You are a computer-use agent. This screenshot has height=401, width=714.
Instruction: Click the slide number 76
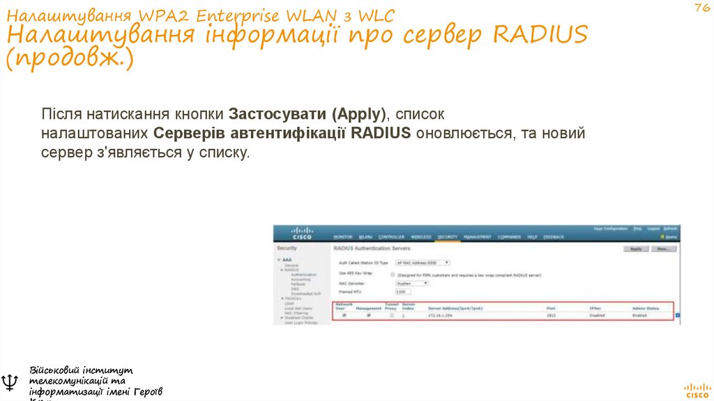[701, 8]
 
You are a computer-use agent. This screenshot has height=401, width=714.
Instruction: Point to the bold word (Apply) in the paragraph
[358, 113]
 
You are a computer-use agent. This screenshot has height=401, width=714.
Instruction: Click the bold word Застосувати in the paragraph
[278, 113]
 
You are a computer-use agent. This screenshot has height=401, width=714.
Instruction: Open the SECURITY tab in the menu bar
[447, 237]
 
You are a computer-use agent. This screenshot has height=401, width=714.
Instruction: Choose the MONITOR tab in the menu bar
[343, 237]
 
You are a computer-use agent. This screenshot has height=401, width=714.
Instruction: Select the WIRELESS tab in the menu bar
[421, 237]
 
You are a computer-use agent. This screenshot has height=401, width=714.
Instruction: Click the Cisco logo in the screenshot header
[302, 233]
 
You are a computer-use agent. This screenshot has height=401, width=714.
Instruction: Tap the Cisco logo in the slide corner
[697, 389]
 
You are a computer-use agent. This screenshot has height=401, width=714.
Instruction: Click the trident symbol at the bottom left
[10, 381]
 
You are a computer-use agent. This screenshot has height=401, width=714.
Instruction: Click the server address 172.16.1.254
[441, 316]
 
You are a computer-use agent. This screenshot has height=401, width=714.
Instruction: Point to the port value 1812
[551, 316]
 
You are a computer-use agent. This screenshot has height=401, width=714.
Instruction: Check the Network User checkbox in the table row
[344, 316]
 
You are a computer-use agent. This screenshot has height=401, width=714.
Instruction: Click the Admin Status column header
[645, 307]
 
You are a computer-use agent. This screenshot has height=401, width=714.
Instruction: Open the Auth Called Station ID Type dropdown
[423, 263]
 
